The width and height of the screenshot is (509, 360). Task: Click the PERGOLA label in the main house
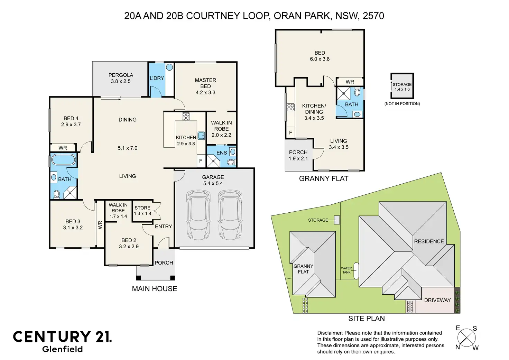(x=121, y=75)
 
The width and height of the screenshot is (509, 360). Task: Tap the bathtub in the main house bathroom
(x=64, y=160)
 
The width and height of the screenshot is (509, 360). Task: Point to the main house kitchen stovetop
(x=186, y=116)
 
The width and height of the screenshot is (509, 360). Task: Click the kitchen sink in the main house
(x=201, y=136)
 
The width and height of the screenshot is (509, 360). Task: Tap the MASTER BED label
(x=205, y=83)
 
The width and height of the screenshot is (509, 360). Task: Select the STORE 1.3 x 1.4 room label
(x=142, y=211)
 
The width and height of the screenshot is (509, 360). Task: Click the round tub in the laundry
(x=169, y=67)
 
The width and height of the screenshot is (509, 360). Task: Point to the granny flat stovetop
(x=290, y=107)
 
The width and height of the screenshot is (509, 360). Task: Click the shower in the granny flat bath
(x=343, y=93)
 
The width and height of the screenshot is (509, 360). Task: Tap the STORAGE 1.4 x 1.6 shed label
(x=402, y=87)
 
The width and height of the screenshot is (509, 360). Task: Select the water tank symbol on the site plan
(x=356, y=271)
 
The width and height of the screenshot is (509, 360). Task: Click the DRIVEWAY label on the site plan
(x=437, y=300)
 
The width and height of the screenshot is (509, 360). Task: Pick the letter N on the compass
(x=457, y=353)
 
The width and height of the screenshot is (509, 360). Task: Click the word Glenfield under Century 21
(x=62, y=349)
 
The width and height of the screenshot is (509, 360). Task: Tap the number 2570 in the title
(x=373, y=16)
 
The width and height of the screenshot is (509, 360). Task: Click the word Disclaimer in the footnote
(x=330, y=333)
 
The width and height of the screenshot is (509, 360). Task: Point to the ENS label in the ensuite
(x=222, y=153)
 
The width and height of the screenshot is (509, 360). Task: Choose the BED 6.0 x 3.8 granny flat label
(x=320, y=56)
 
